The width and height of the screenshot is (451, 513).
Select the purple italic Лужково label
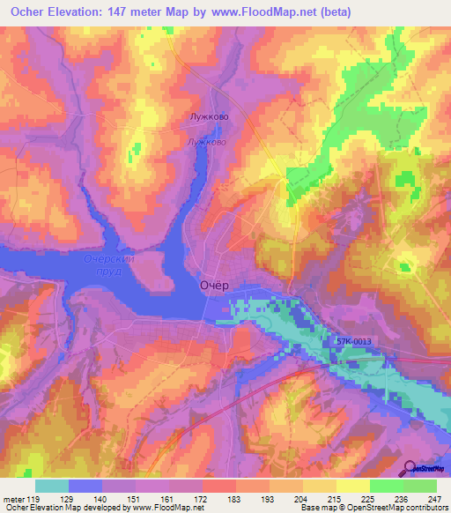[x=208, y=141]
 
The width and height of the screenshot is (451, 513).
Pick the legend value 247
[x=435, y=499]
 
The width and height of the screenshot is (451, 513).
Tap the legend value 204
[x=302, y=499]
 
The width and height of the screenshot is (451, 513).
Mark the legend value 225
[x=369, y=499]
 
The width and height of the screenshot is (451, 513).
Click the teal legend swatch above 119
[x=52, y=486]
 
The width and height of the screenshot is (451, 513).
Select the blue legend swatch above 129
[x=85, y=486]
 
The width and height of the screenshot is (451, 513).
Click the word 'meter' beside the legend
[x=14, y=499]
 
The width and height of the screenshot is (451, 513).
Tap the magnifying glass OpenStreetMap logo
[x=411, y=468]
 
